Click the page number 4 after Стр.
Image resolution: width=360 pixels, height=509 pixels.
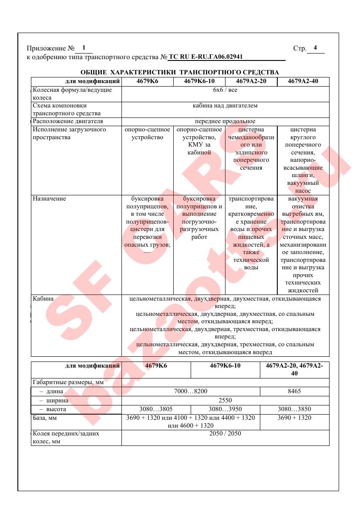coord(315,48)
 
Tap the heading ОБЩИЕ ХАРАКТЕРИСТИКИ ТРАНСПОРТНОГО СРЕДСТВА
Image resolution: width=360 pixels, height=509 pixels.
coord(180,72)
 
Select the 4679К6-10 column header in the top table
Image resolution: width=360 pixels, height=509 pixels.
coord(199,81)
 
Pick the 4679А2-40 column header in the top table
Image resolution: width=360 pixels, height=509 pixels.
coord(303,81)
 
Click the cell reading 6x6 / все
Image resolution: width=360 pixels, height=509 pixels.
coord(225,90)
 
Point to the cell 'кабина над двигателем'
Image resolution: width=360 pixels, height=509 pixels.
coord(225,106)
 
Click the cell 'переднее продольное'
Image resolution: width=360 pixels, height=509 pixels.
coord(225,121)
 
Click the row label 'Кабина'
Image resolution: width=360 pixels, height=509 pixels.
coord(44,299)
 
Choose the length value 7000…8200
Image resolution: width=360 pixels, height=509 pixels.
coord(191,391)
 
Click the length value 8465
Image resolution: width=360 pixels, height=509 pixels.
coord(294,391)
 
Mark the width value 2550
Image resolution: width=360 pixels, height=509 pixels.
coord(225,400)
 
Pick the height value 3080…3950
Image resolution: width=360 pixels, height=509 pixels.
coord(225,409)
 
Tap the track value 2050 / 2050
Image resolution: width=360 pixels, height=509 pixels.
coord(225,434)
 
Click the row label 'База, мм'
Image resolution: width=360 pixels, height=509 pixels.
coord(45,418)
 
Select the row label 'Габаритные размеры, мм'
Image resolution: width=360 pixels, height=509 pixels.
coord(64,382)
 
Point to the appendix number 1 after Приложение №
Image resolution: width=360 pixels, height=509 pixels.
coord(84,48)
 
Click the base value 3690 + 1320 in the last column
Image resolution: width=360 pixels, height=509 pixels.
coord(294,418)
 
